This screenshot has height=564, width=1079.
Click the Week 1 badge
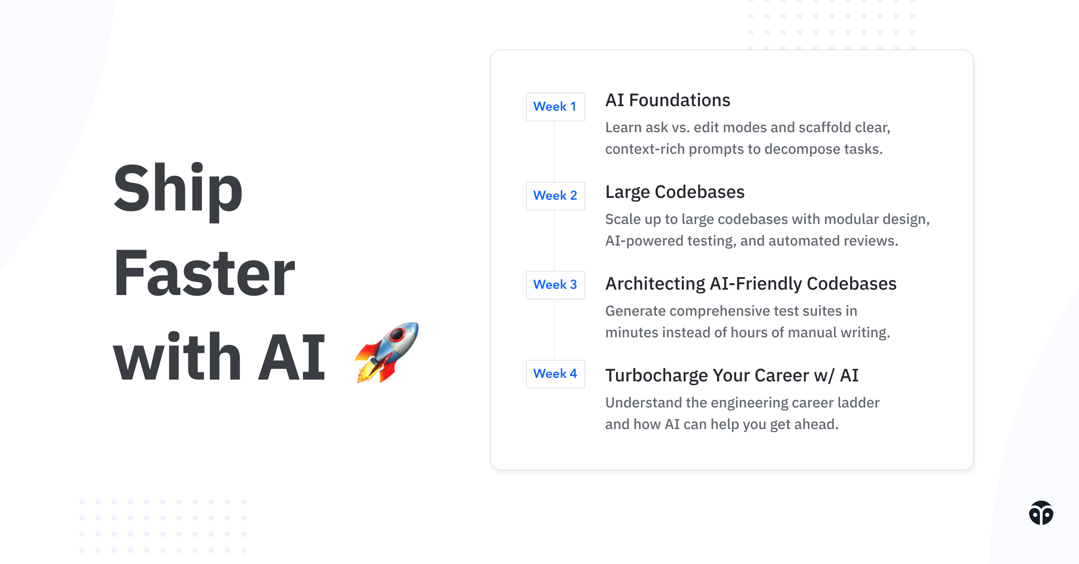pos(555,107)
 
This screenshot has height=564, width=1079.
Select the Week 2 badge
pos(555,196)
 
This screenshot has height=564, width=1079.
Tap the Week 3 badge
pos(555,285)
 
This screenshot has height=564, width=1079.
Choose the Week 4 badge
pos(555,374)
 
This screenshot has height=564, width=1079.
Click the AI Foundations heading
pos(668,100)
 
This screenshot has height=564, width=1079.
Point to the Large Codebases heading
pos(675,192)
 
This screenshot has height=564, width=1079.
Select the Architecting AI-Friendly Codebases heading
pos(751,284)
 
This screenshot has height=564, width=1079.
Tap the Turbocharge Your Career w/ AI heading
pos(732,376)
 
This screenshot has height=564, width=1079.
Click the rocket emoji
pos(387,353)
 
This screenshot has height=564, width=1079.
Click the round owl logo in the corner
pos(1041,513)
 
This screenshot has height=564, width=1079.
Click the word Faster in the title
pos(204,273)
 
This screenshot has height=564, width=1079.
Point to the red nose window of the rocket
pos(397,334)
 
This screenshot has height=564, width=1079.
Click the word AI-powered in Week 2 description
pos(644,241)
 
